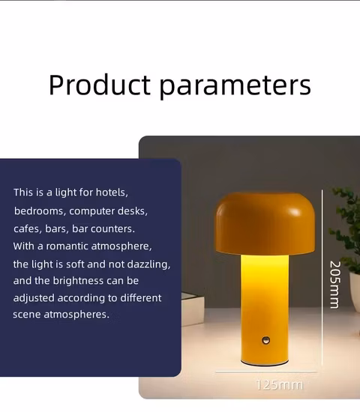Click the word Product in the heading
click(x=100, y=85)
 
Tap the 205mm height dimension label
click(x=334, y=284)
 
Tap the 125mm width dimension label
click(x=280, y=385)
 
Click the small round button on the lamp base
click(x=265, y=341)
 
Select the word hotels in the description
click(x=113, y=193)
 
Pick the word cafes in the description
click(x=27, y=228)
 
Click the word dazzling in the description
click(x=149, y=264)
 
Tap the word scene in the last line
click(x=28, y=315)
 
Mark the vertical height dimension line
click(x=322, y=277)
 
